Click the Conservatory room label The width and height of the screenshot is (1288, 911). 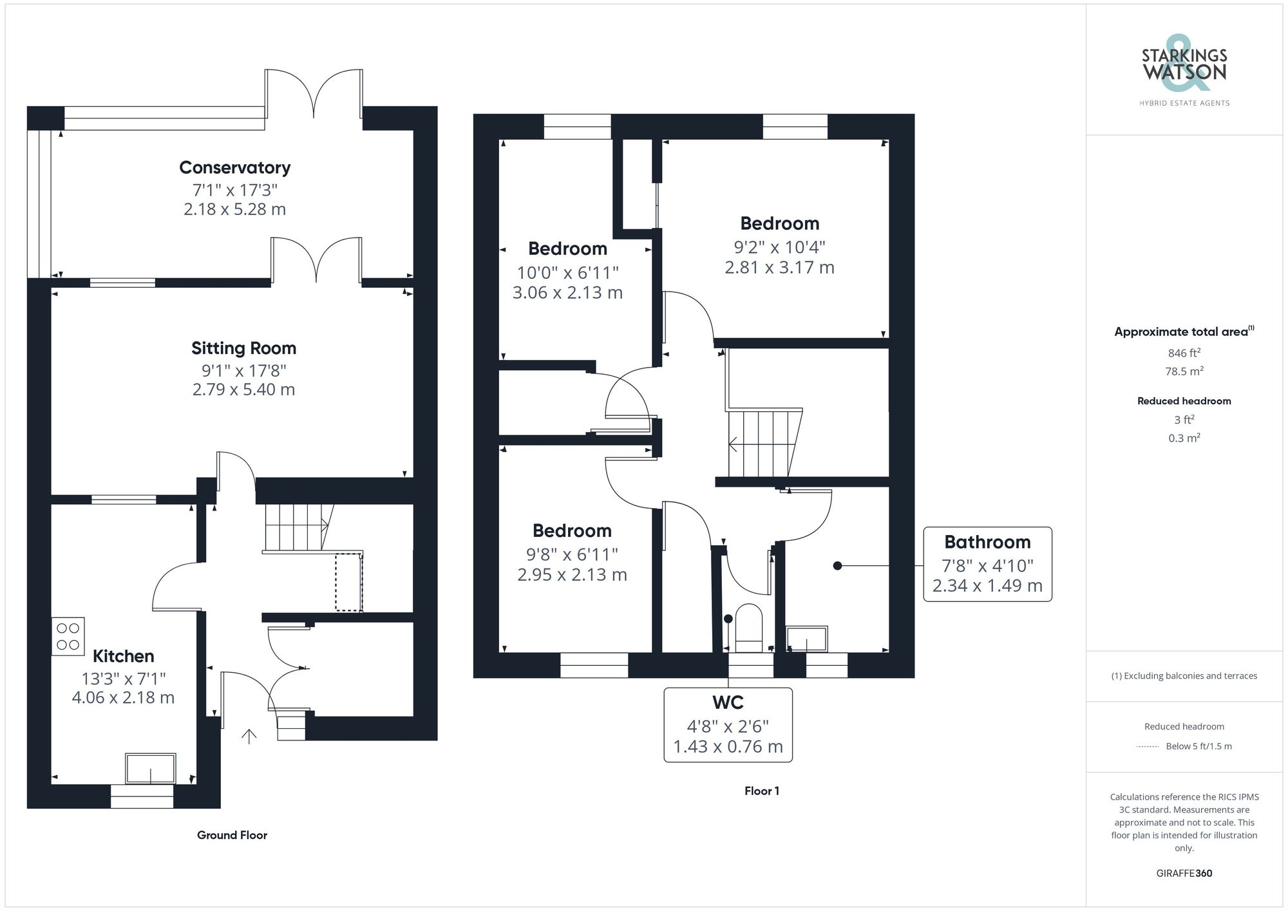(234, 167)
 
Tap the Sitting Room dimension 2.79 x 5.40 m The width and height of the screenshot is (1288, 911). (243, 390)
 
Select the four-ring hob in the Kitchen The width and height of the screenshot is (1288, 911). (68, 636)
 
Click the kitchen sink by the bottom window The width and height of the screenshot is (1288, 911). (151, 769)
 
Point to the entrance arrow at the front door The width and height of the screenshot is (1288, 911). (249, 736)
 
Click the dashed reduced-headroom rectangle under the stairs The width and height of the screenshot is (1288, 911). (348, 582)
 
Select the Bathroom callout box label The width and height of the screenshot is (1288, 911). (987, 542)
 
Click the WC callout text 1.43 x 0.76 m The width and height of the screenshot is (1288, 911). (728, 747)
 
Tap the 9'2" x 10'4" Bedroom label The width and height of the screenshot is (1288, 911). (779, 223)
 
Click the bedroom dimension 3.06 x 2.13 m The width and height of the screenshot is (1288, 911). (567, 293)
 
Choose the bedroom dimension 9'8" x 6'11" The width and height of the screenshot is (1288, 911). (572, 554)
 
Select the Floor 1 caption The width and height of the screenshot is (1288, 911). (761, 791)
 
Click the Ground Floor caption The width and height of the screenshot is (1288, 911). (232, 835)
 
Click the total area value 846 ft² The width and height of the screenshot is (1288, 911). (1184, 353)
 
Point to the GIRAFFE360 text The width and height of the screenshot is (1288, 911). (1184, 874)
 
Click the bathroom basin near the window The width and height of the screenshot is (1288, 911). (806, 640)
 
